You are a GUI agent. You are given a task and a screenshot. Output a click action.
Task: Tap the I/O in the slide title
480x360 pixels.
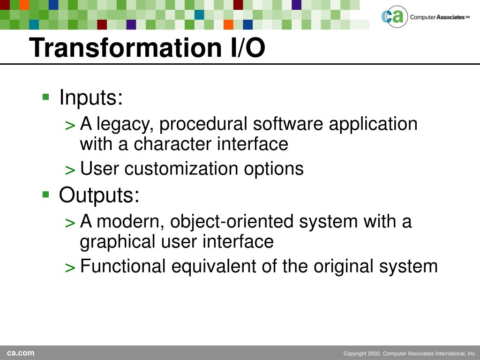click(248, 48)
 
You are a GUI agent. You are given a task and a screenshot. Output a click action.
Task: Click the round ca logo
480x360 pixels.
click(395, 16)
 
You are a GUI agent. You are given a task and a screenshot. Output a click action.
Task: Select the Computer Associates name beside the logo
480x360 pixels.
click(440, 17)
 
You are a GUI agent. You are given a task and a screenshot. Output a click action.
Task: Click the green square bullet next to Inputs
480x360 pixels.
click(46, 97)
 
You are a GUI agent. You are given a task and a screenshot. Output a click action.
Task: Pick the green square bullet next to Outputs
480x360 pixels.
click(46, 195)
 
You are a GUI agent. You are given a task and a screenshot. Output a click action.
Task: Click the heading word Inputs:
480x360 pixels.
click(91, 97)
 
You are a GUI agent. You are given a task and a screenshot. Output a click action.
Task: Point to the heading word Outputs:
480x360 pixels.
click(99, 195)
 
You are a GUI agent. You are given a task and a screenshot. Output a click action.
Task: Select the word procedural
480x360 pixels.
click(203, 124)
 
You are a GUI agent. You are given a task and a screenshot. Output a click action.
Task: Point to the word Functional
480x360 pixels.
click(123, 266)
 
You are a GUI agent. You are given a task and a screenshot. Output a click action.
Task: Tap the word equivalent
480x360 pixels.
click(213, 266)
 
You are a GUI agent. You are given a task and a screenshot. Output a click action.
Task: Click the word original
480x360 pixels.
click(344, 267)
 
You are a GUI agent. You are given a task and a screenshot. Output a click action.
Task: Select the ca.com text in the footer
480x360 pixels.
click(21, 353)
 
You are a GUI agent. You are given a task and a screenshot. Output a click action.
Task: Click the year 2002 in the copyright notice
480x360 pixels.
click(374, 353)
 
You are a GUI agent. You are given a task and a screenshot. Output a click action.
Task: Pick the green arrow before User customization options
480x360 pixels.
click(70, 170)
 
